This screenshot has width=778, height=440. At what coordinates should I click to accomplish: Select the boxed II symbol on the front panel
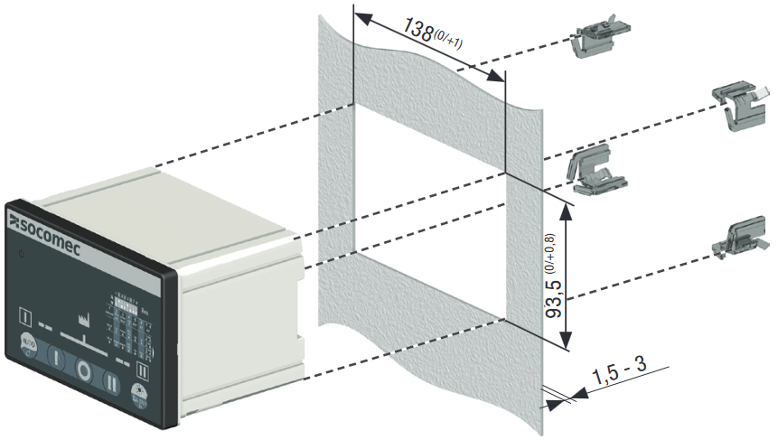[x=142, y=369]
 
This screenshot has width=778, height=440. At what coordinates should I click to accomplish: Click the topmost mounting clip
[x=594, y=40]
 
